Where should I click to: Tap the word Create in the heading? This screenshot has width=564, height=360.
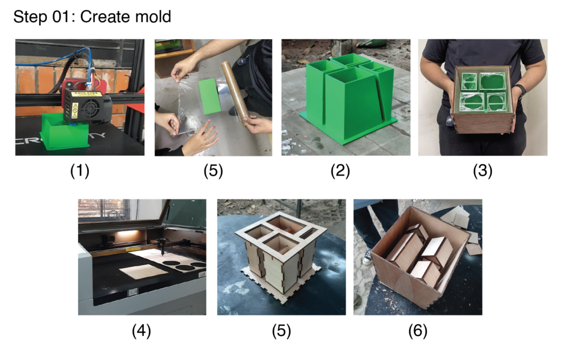pyautogui.click(x=102, y=17)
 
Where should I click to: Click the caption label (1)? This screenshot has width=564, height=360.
pyautogui.click(x=79, y=171)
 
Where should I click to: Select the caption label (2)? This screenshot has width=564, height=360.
pyautogui.click(x=340, y=171)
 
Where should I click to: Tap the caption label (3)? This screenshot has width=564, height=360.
pyautogui.click(x=482, y=171)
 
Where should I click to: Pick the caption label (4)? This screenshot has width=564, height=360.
pyautogui.click(x=142, y=331)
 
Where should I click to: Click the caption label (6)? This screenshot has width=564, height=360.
pyautogui.click(x=417, y=331)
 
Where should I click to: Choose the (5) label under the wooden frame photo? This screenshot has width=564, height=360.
pyautogui.click(x=281, y=331)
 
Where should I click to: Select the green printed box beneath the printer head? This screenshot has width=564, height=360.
pyautogui.click(x=65, y=133)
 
